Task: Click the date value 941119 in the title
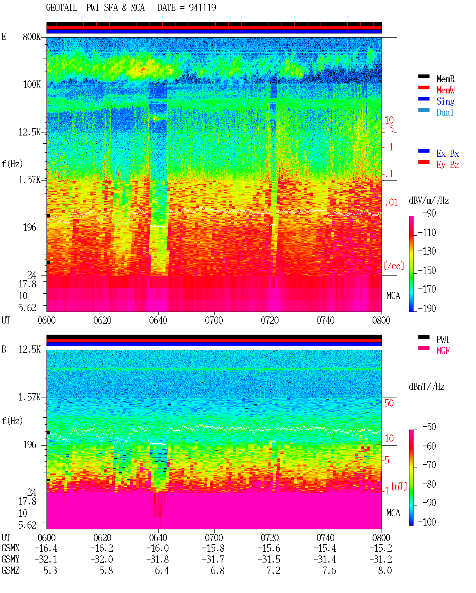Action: (x=202, y=8)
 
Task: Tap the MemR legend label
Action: (x=445, y=79)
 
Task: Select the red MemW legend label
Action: (x=445, y=90)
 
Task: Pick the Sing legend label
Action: (x=445, y=101)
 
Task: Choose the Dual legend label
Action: (x=445, y=112)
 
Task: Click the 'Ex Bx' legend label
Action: (x=447, y=153)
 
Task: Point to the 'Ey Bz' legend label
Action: (x=447, y=165)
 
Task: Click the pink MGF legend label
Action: (x=443, y=351)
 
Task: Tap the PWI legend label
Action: (x=443, y=339)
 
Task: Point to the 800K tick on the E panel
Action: (x=32, y=36)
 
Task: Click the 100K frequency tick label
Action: (x=32, y=85)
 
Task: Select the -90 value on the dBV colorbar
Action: (x=429, y=213)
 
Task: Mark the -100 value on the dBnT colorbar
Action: (x=427, y=522)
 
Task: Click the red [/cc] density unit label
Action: (x=394, y=266)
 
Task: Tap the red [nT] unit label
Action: (x=399, y=486)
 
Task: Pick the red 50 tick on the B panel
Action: (x=389, y=403)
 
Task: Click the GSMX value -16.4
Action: (x=46, y=548)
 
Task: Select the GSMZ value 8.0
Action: (x=385, y=570)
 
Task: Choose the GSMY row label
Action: (x=10, y=559)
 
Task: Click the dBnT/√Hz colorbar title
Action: (x=427, y=386)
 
